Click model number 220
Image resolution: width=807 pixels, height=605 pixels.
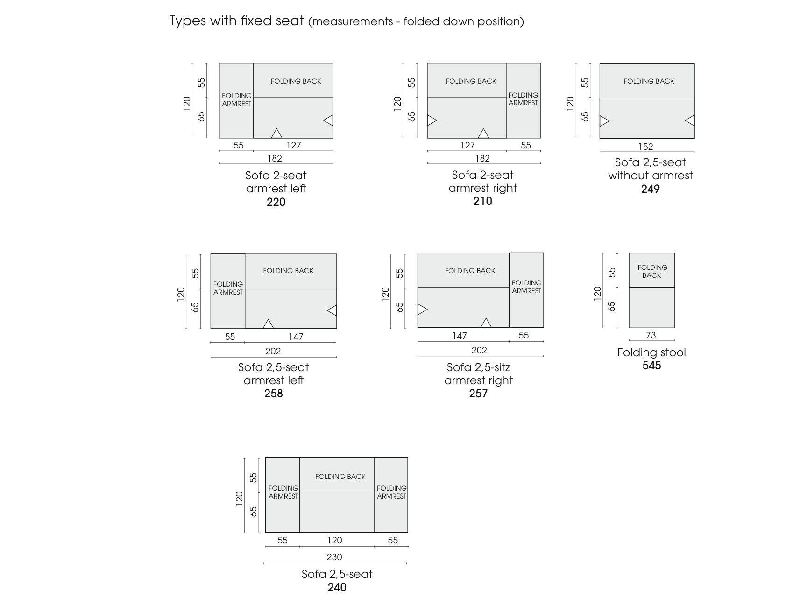[x=276, y=202]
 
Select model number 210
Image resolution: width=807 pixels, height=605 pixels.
[x=482, y=201]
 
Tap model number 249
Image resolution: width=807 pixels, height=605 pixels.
[x=650, y=189]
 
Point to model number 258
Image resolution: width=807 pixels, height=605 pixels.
[x=273, y=394]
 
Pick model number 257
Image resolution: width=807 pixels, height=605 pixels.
[x=478, y=394]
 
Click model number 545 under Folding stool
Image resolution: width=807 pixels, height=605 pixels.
[x=651, y=366]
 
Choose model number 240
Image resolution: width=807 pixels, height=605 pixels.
[x=337, y=587]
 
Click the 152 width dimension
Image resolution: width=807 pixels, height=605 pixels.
[x=645, y=147]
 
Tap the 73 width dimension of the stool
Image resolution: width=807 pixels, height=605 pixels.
[x=651, y=335]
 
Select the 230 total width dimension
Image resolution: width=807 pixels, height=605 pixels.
[x=334, y=557]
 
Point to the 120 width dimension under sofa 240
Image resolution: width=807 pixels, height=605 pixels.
[x=334, y=541]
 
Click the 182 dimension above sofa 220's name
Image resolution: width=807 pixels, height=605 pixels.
[x=275, y=158]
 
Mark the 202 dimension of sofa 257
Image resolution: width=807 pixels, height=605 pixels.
[x=479, y=350]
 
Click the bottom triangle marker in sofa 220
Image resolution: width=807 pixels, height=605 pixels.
[x=276, y=134]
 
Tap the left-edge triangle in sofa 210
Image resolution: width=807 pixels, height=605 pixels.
[x=432, y=120]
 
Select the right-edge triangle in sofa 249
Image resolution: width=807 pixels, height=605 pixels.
[x=690, y=120]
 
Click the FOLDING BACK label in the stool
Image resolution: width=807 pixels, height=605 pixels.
[x=652, y=271]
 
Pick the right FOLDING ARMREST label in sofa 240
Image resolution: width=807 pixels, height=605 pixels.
[x=391, y=492]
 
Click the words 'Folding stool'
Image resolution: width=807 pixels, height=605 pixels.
[x=651, y=352]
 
